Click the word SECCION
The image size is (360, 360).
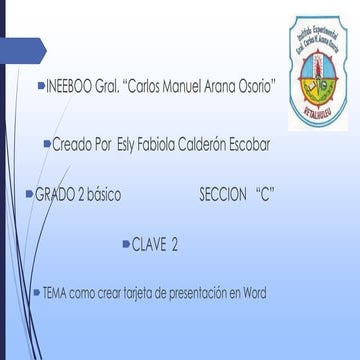pos(223,195)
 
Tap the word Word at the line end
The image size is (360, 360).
pos(256,294)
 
